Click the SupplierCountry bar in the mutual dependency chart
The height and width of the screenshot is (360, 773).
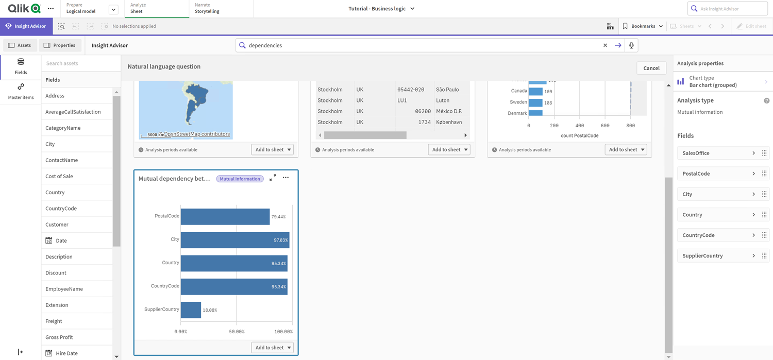pos(191,310)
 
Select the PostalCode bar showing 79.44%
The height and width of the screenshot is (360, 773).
pos(225,216)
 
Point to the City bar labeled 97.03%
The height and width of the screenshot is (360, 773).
pos(234,240)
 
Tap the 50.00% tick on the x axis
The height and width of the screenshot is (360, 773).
pos(237,332)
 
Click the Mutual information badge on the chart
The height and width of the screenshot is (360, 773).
pos(240,179)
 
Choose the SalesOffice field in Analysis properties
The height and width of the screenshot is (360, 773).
pos(717,153)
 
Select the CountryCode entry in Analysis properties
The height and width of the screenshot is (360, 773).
pos(717,235)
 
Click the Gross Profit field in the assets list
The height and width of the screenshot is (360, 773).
pos(59,337)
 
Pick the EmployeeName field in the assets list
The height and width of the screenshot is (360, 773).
pos(64,289)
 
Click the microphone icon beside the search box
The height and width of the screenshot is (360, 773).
pos(631,45)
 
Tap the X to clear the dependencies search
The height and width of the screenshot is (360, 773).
pos(605,45)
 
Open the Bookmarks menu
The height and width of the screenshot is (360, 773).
pos(643,26)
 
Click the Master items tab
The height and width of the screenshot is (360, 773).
pos(21,91)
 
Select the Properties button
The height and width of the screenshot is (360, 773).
pos(60,45)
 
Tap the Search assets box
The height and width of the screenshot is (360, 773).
pos(80,63)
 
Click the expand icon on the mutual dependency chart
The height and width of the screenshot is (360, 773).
pos(273,178)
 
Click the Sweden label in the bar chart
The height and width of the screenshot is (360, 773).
pos(518,102)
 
